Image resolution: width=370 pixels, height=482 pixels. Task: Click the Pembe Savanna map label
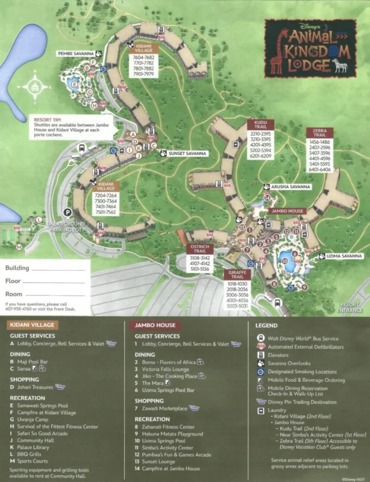76,54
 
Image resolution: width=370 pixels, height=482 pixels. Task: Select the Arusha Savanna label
291,187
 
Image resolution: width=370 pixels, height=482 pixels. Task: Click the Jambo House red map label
287,211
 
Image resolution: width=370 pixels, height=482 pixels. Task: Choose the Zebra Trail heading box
319,133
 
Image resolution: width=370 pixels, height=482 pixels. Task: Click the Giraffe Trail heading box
237,275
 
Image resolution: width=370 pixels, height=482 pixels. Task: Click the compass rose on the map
34,87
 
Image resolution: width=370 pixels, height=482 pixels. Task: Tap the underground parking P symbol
68,212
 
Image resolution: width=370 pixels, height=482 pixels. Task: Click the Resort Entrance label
350,307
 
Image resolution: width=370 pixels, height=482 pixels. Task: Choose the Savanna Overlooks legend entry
289,363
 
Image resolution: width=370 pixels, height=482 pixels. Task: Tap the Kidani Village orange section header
31,325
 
